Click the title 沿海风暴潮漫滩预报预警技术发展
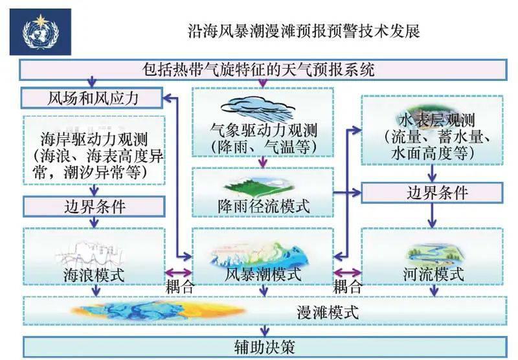click(304, 31)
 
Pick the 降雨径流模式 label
click(263, 207)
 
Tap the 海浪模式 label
click(94, 274)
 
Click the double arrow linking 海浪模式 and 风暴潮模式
click(179, 273)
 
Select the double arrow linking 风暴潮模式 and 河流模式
click(347, 273)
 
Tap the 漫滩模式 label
click(328, 311)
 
